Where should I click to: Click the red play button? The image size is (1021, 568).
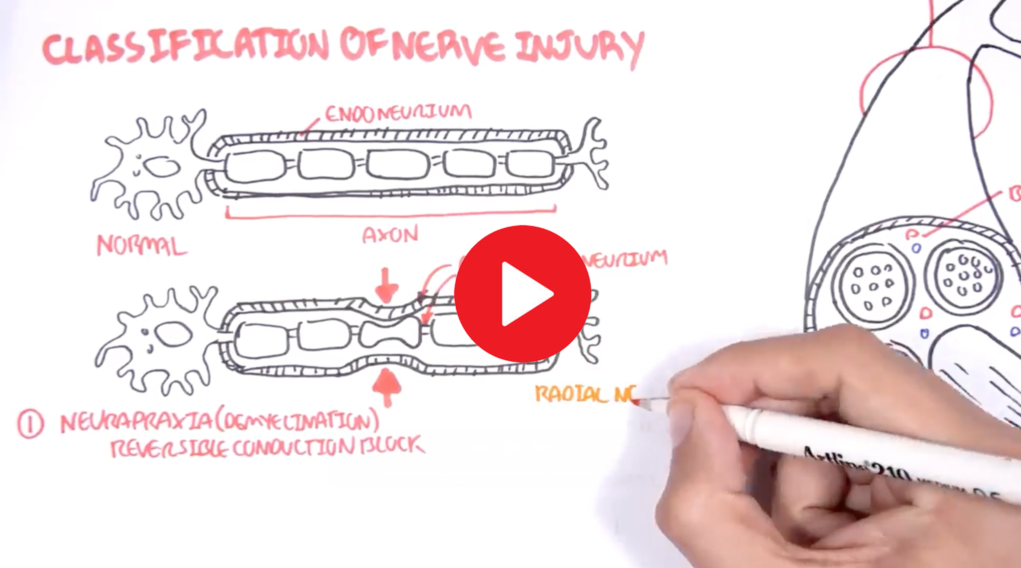523,294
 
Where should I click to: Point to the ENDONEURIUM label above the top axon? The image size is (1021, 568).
398,113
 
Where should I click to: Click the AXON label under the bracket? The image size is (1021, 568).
390,235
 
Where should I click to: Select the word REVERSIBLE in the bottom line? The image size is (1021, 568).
168,448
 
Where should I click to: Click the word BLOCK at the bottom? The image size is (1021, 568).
391,445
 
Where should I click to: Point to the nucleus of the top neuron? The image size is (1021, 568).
161,167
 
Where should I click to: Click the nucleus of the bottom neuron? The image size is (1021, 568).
173,334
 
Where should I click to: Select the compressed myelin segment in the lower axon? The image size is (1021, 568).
389,333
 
